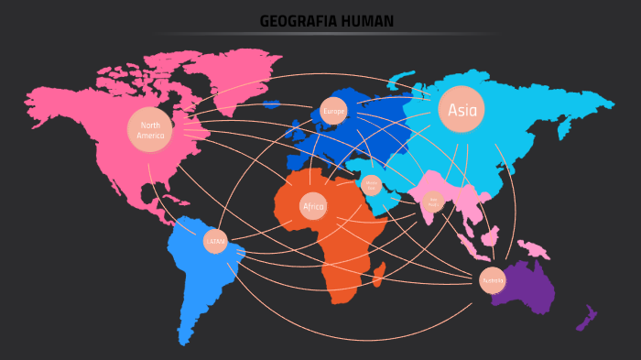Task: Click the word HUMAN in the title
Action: coord(364,21)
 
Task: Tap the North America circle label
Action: coord(150,130)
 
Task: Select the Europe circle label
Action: coord(333,112)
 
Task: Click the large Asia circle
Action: coord(462,110)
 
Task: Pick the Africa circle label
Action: coord(313,207)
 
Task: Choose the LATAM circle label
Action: coord(215,242)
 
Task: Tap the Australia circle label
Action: coord(493,280)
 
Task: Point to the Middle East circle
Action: coord(372,185)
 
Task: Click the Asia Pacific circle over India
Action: coord(434,201)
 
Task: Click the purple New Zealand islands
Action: coord(587,318)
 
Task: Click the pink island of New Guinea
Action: coord(532,247)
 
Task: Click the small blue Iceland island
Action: coord(271,104)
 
